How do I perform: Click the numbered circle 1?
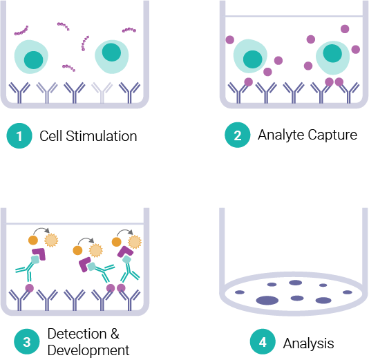click(19, 136)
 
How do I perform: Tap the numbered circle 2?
click(237, 135)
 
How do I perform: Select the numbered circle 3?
click(26, 341)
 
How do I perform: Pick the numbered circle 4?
click(262, 342)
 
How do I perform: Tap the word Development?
click(88, 350)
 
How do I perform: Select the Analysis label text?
click(309, 343)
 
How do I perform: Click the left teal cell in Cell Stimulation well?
click(32, 57)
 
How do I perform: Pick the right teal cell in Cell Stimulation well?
click(113, 57)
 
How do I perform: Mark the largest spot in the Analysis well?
click(266, 300)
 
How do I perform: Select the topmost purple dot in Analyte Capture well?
click(345, 29)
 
